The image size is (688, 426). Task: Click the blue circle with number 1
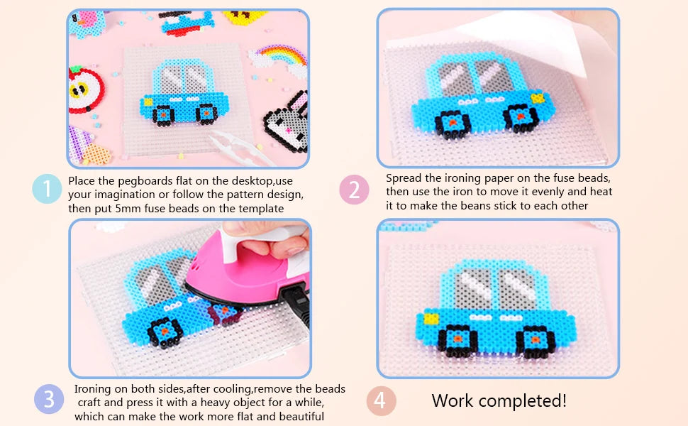[x=47, y=188]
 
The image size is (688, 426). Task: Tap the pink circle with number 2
[x=354, y=190]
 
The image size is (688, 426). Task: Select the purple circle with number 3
[x=49, y=399]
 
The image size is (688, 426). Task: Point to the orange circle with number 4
[x=382, y=400]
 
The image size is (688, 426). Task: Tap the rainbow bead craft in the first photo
[x=279, y=60]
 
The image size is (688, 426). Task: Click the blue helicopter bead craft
[x=187, y=22]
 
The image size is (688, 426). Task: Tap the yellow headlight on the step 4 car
[x=431, y=318]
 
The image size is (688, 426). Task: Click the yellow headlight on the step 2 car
[x=538, y=97]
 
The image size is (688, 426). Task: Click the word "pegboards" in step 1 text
[x=145, y=181]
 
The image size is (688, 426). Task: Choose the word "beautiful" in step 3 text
[x=302, y=416]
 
